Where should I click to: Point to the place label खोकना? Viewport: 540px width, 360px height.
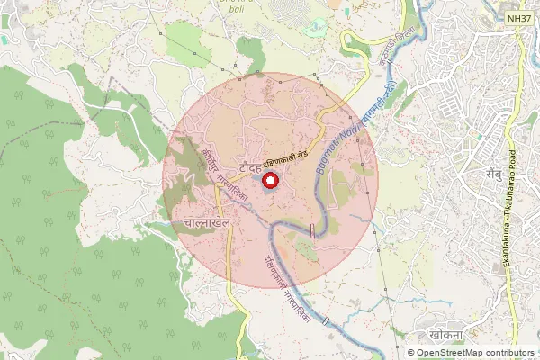(447, 333)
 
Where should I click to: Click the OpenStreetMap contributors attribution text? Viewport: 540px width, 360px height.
(475, 353)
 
